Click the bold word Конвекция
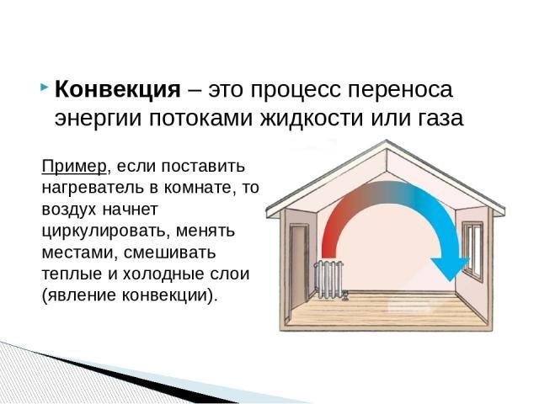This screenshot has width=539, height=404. pyautogui.click(x=117, y=90)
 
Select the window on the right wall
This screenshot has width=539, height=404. pyautogui.click(x=473, y=251)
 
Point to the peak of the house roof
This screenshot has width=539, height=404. pyautogui.click(x=389, y=143)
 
